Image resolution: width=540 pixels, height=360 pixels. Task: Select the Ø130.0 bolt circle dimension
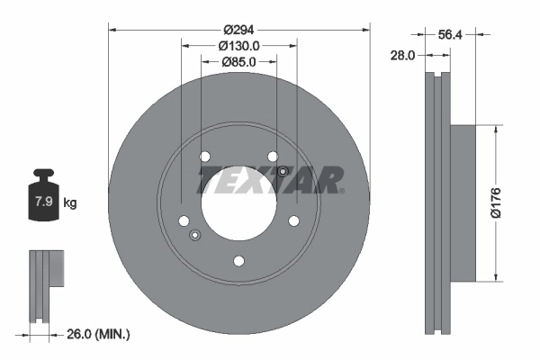[x=239, y=45]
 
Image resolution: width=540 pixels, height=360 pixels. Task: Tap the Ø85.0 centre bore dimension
[x=239, y=62]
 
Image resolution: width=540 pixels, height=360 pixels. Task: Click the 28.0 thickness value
[x=402, y=56]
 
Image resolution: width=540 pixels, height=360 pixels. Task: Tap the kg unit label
[x=69, y=202]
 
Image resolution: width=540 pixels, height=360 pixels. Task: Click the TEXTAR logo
[x=270, y=180]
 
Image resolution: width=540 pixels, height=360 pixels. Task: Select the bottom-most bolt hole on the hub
[x=238, y=262]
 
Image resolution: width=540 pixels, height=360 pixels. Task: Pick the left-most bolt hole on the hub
[x=184, y=220]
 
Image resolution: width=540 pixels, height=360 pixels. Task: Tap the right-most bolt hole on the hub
[x=293, y=220]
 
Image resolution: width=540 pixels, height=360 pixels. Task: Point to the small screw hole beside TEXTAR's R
[x=283, y=171]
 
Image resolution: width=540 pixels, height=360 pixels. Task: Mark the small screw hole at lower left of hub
[x=194, y=236]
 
